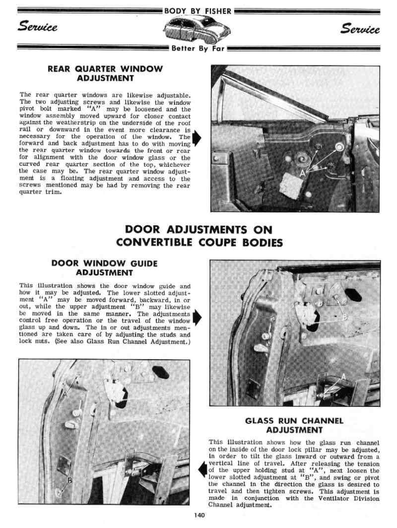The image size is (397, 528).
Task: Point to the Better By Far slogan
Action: (x=198, y=48)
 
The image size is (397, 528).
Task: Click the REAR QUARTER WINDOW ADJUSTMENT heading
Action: (x=105, y=73)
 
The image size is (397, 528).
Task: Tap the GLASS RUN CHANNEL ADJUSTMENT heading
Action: (x=294, y=425)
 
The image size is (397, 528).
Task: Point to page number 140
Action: (x=199, y=515)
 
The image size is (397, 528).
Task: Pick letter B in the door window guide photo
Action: (x=344, y=317)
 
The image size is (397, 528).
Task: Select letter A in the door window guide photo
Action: (x=344, y=377)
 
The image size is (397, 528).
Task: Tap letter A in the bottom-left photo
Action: (x=65, y=394)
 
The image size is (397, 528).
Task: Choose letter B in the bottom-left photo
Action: (x=69, y=480)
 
